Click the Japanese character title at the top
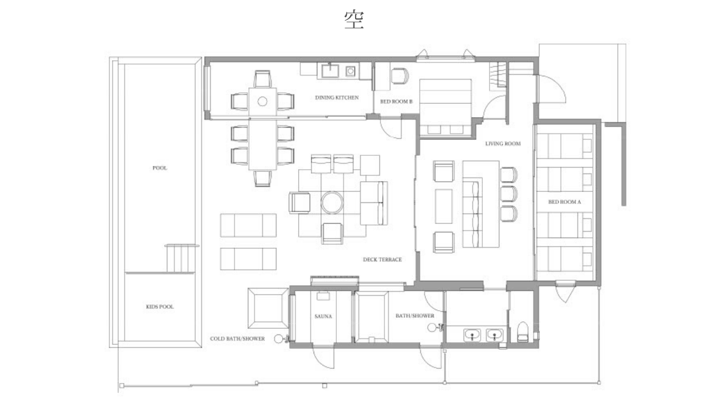pos(354,19)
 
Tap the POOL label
pos(160,167)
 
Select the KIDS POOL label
pos(160,307)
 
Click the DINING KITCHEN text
pos(337,98)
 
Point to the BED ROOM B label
pos(397,101)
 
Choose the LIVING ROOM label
pos(503,144)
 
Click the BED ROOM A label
pos(565,202)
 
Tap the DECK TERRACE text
pos(382,260)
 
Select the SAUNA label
pos(323,316)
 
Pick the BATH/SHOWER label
pos(415,316)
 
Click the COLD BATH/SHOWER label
pos(237,339)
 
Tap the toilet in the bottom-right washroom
pos(523,332)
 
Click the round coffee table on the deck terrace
pos(332,203)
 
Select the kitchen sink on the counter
pos(330,71)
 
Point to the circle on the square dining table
pos(262,101)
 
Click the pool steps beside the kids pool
pos(180,258)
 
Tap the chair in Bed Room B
pos(400,76)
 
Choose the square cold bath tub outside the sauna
pos(268,308)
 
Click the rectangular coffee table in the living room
pos(444,206)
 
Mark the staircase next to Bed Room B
pos(498,75)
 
